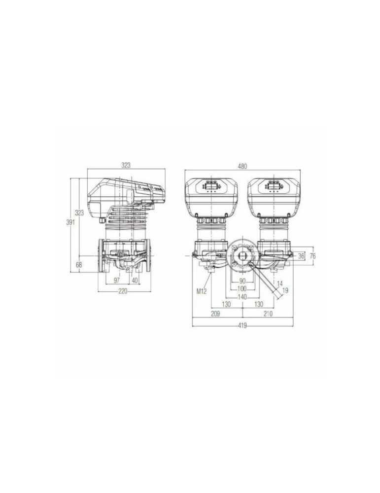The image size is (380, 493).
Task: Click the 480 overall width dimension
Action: point(242,166)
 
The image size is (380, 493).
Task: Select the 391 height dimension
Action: point(71,222)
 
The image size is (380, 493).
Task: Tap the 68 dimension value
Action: point(79,265)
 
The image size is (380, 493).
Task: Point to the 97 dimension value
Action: point(117,280)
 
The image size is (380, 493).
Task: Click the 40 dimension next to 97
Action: point(135,280)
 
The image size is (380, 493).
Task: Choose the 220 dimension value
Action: point(123,291)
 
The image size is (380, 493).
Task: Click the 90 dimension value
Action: point(242,281)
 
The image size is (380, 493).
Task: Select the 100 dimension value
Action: point(242,288)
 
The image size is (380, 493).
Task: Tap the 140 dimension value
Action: point(242,296)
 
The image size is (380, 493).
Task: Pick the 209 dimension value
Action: point(215,314)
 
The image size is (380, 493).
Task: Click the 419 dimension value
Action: point(242,325)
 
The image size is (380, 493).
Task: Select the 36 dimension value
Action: point(301,256)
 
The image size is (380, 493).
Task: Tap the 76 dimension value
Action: point(312,256)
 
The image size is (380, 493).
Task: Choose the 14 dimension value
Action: point(279,283)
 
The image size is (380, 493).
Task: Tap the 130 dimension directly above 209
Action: point(226,305)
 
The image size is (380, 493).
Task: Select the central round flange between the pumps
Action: point(242,254)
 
